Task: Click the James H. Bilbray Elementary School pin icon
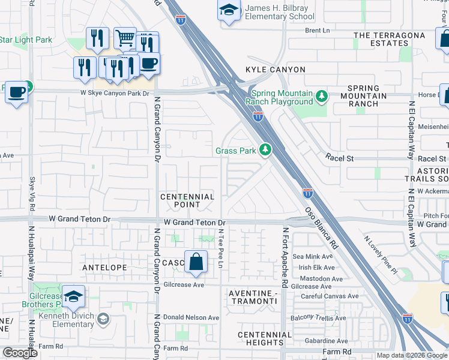point(228,11)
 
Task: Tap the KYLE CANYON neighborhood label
point(276,70)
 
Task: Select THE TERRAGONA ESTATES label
point(389,40)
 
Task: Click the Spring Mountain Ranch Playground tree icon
point(322,96)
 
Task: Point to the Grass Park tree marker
point(265,151)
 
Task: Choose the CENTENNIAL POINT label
point(187,200)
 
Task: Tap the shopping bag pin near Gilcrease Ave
point(196,262)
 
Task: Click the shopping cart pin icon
point(125,38)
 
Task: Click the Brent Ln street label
point(317,30)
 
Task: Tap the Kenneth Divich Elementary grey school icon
point(103,318)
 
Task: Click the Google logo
point(20,353)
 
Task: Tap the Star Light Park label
point(26,40)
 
